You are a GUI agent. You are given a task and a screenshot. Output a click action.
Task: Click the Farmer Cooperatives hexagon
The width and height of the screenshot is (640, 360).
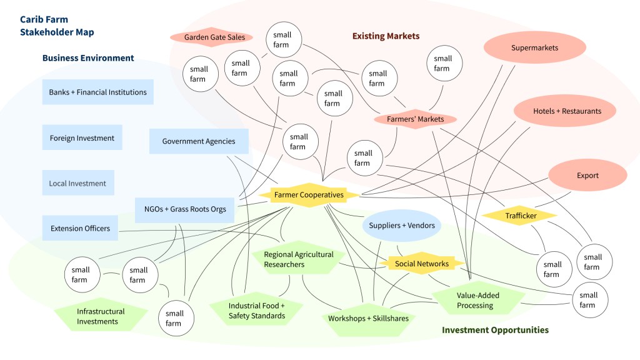pos(309,195)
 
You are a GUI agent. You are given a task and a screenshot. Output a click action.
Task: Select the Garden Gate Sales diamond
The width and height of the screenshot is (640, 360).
pos(214,37)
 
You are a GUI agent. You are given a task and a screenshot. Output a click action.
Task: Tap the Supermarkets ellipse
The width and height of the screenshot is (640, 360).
pos(534,48)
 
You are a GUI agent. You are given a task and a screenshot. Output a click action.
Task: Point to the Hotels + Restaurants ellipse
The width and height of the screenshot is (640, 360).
pos(567,111)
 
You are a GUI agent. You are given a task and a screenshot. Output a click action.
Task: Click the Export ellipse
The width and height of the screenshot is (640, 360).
pos(587,176)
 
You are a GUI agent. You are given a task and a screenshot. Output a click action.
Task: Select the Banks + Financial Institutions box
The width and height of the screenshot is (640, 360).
pos(97,92)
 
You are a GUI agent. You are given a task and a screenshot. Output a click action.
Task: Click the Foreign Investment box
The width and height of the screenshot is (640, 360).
pos(82,138)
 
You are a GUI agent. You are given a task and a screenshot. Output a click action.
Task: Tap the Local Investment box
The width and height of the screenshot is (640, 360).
pos(77,184)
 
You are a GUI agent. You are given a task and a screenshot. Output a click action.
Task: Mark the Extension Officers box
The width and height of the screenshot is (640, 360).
pos(80,229)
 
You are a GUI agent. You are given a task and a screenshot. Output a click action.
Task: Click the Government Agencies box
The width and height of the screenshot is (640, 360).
pos(199,141)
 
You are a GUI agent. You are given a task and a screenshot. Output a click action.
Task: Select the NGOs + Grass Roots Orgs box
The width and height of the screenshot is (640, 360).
pos(184,209)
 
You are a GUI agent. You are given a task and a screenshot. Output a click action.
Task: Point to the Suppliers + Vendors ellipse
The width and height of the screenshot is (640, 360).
pos(401,226)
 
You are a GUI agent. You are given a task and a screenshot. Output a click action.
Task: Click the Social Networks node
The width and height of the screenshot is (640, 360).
pos(422,264)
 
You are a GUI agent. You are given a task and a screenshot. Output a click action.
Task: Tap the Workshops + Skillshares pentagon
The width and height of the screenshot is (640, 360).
pos(368,318)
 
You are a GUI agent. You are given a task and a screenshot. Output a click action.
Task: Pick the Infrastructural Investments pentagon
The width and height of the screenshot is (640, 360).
pos(101,316)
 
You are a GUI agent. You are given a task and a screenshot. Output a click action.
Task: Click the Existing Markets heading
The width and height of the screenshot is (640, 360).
pos(386,36)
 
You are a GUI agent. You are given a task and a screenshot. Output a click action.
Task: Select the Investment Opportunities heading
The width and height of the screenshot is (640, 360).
pos(495,330)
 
